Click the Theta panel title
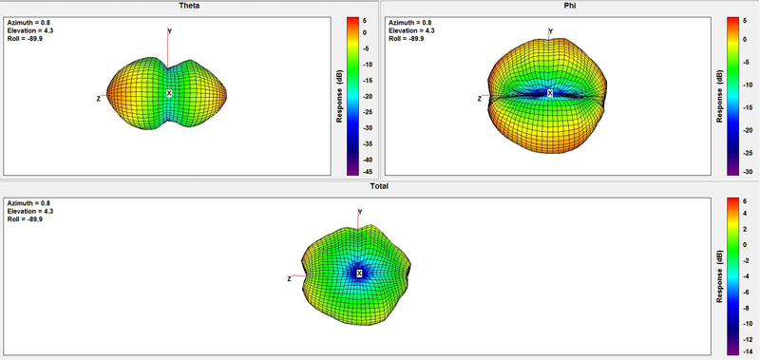point(189,6)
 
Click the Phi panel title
point(569,6)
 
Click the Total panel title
point(379,186)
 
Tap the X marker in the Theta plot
point(169,93)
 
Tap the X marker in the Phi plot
point(550,93)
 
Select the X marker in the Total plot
point(359,274)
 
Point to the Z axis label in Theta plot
point(99,99)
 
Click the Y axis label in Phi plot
point(551,31)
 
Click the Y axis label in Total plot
point(360,212)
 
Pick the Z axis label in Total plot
point(289,279)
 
